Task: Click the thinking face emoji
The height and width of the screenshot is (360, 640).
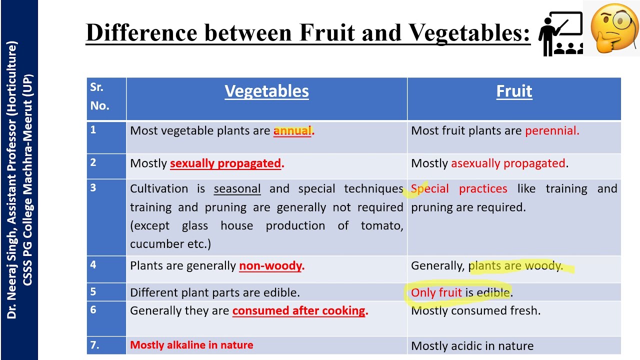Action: (614, 28)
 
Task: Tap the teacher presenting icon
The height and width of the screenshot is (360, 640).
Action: (560, 34)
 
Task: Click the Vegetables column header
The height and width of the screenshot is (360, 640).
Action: (266, 91)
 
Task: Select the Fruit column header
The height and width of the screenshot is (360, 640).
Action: (514, 91)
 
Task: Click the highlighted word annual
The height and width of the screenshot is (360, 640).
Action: (292, 131)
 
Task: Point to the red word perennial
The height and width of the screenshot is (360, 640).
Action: (551, 131)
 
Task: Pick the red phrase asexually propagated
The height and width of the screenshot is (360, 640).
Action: (508, 163)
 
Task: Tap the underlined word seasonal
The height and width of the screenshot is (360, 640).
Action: (237, 189)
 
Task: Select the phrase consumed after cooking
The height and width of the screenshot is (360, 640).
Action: (299, 311)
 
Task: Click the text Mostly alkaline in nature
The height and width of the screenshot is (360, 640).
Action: (191, 345)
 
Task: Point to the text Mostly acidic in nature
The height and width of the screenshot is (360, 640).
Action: (472, 346)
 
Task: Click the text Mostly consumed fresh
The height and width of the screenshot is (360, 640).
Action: (475, 311)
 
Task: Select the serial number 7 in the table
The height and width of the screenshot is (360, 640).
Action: (94, 345)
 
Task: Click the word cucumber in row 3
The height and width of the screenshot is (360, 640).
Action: (154, 244)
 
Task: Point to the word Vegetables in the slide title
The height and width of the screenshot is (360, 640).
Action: (469, 33)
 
